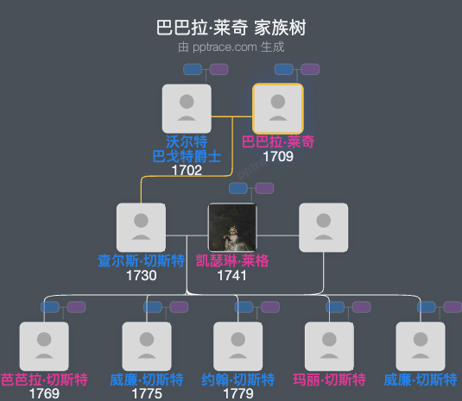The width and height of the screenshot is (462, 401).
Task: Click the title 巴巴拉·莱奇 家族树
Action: coord(231,28)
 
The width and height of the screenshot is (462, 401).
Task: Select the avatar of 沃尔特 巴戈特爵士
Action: coord(187,108)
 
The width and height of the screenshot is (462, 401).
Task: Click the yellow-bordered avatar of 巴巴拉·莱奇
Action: coord(277,108)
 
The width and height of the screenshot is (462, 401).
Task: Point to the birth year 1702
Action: coord(187,171)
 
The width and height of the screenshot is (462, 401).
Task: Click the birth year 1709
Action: coord(278,157)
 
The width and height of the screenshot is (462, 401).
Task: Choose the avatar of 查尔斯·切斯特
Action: coord(141,228)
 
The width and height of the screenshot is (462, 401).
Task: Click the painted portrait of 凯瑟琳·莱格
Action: coord(232,228)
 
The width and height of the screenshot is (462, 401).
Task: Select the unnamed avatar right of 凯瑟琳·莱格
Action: coord(323,228)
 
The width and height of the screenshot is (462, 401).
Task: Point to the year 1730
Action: coord(141,276)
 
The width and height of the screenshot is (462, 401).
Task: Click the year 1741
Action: coord(231,276)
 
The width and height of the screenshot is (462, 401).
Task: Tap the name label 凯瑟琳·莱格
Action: coord(231,261)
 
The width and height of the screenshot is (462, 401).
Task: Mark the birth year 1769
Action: coord(44,394)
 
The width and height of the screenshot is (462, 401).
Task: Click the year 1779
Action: coord(237,394)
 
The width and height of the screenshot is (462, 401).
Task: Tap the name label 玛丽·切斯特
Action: coord(329,379)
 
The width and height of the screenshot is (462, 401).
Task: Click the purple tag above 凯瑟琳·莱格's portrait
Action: coord(264,188)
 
